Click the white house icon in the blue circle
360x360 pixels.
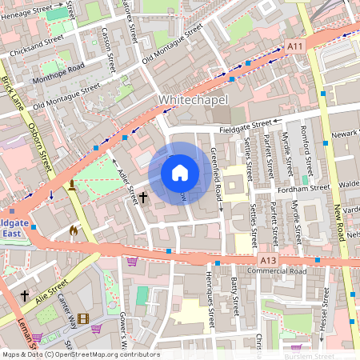180,173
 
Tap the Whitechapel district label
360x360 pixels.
194,99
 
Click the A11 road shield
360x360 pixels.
295,47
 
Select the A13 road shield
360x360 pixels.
268,261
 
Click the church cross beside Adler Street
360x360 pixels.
144,196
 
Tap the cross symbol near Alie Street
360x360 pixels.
24,295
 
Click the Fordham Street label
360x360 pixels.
307,187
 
